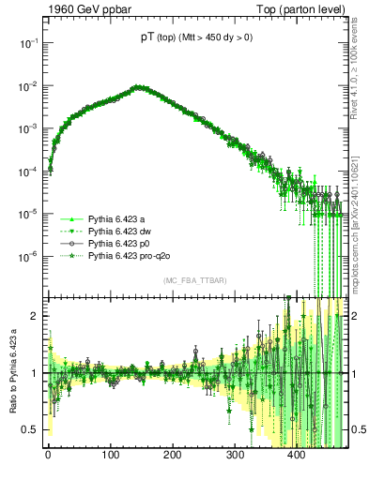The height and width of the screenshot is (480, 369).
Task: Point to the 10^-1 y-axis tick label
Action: [27, 43]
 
